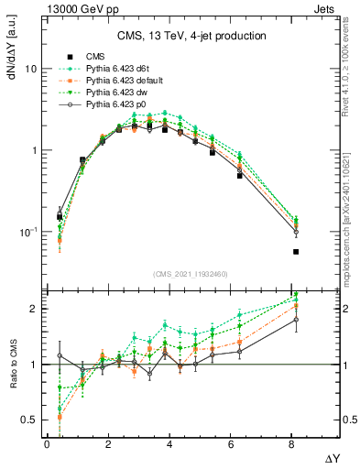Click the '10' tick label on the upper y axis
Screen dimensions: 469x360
[30, 70]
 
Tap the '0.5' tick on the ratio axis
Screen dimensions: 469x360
[28, 420]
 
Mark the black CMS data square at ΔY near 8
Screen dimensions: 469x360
[296, 251]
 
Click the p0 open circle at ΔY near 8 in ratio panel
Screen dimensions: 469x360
[296, 320]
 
